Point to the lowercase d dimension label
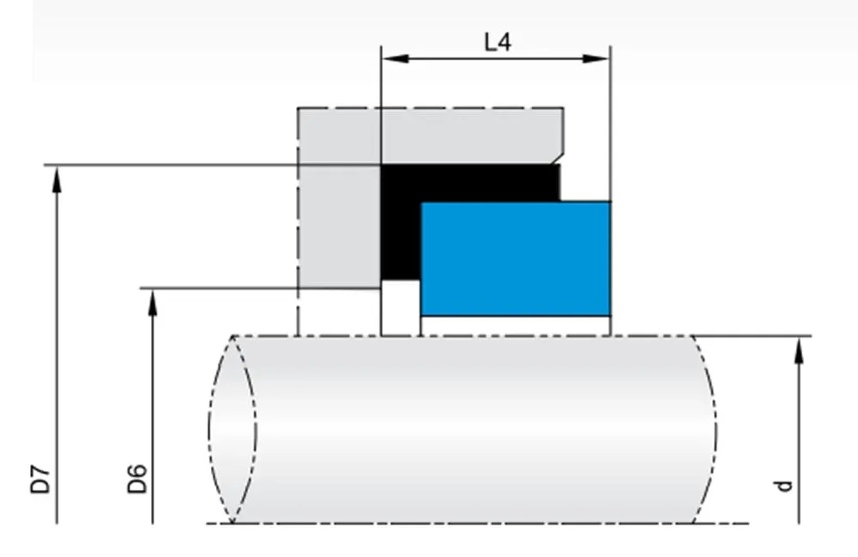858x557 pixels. click(x=782, y=485)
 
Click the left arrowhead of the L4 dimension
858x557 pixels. click(x=391, y=59)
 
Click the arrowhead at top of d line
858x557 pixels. click(x=799, y=346)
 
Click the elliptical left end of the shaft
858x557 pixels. click(x=232, y=428)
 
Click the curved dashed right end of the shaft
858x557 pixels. click(x=708, y=428)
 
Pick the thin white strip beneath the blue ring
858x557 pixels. click(x=515, y=326)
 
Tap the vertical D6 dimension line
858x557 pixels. click(x=152, y=411)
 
